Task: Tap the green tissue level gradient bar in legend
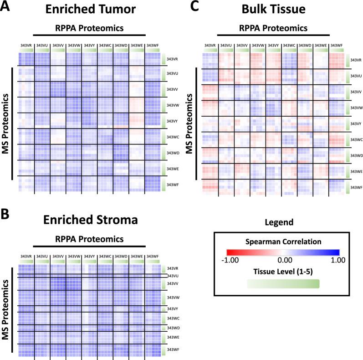283,283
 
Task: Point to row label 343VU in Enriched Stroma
173,276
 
